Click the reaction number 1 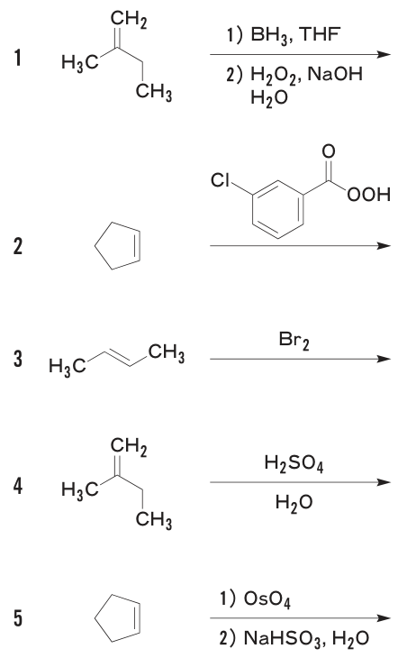tap(17, 58)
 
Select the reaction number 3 tap(17, 358)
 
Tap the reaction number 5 tap(17, 617)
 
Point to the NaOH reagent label tap(335, 74)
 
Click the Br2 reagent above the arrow tap(294, 341)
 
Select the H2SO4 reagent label tap(294, 462)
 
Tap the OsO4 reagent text tap(267, 599)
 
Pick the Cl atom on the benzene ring tap(220, 180)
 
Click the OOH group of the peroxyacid tap(369, 195)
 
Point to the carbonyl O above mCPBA tap(328, 151)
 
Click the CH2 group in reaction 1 tap(129, 20)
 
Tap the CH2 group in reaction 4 tap(129, 447)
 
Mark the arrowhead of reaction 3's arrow tap(384, 359)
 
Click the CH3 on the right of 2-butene tap(167, 353)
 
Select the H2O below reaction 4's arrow tap(294, 503)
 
